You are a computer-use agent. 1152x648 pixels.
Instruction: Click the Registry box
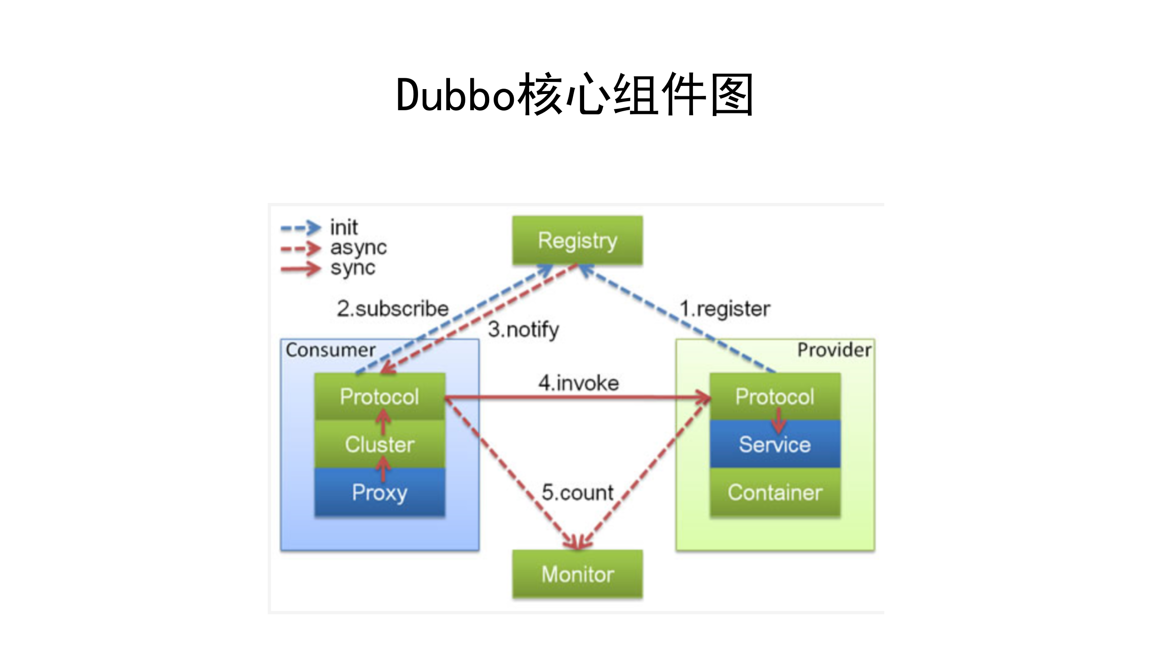577,240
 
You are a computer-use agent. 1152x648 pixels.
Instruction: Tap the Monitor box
577,574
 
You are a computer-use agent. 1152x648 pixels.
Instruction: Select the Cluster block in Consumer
379,445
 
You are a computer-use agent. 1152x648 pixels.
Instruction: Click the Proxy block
379,492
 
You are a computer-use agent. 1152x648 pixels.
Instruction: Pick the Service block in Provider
774,445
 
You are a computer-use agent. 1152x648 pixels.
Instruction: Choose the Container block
774,492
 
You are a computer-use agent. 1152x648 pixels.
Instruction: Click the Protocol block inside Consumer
379,397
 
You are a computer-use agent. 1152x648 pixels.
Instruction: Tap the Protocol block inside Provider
774,397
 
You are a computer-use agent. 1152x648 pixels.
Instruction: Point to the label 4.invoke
579,383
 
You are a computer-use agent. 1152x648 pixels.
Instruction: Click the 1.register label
724,309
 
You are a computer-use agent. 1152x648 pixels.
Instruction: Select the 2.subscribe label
393,309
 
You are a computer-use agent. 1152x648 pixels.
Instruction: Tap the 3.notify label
523,330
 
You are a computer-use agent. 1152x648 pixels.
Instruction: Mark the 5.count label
577,492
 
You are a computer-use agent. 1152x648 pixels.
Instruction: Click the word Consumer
330,350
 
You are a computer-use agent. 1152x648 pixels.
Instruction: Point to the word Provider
834,350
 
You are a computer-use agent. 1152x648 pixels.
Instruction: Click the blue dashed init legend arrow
301,228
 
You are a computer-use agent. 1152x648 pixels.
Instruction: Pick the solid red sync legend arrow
301,269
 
